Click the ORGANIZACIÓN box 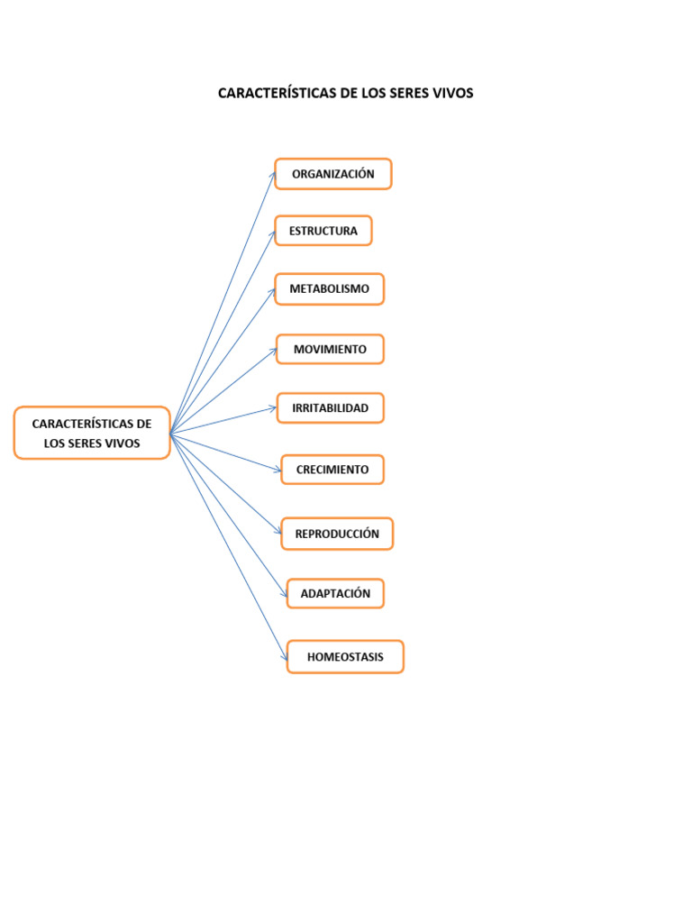[x=333, y=174]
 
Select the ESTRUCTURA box [x=323, y=231]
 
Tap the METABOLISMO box [x=329, y=289]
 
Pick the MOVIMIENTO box [x=330, y=349]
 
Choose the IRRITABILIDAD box [x=330, y=408]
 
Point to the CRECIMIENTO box [x=332, y=470]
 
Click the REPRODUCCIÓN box [x=337, y=534]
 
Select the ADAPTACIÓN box [x=335, y=593]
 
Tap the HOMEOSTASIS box [x=345, y=657]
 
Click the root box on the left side [x=92, y=433]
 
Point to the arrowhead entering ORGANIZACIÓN [x=273, y=176]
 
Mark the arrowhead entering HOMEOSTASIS [x=284, y=656]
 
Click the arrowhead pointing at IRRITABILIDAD [x=273, y=407]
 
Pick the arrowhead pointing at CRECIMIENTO [x=278, y=469]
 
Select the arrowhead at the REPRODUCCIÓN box [x=278, y=531]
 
